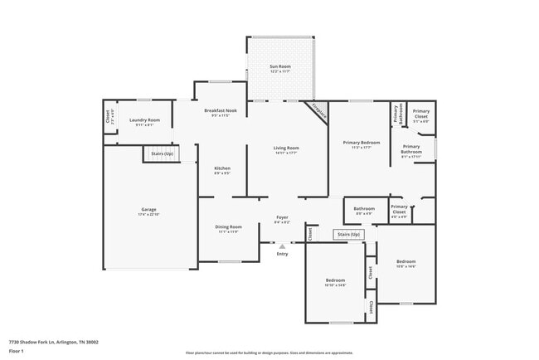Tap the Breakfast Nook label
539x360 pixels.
click(221, 110)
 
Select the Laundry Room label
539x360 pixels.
click(142, 119)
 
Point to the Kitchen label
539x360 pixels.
click(221, 168)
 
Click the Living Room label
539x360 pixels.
click(286, 148)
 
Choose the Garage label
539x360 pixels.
click(148, 209)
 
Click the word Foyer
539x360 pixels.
click(282, 217)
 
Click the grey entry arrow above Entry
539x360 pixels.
click(282, 246)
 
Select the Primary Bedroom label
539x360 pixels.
click(362, 143)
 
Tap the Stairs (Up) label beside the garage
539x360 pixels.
click(162, 153)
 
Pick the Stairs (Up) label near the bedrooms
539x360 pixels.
click(349, 235)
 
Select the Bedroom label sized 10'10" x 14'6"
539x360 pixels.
click(335, 281)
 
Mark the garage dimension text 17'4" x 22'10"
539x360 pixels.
click(148, 214)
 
